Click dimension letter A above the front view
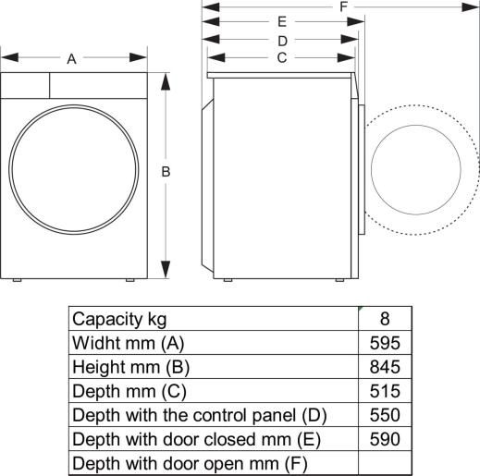click(71, 59)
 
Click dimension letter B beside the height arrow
click(165, 171)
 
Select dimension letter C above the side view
click(281, 57)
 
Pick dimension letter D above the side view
click(282, 41)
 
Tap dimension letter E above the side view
click(281, 21)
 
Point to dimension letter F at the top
click(343, 6)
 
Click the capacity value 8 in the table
click(384, 319)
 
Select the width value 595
click(384, 343)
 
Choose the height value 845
click(384, 367)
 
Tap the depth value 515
click(384, 391)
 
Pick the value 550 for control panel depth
click(384, 415)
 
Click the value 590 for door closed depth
click(384, 439)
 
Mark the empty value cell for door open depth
click(384, 462)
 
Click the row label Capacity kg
click(119, 319)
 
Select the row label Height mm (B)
click(130, 367)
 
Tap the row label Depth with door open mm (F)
click(190, 463)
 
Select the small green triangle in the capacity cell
click(363, 311)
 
